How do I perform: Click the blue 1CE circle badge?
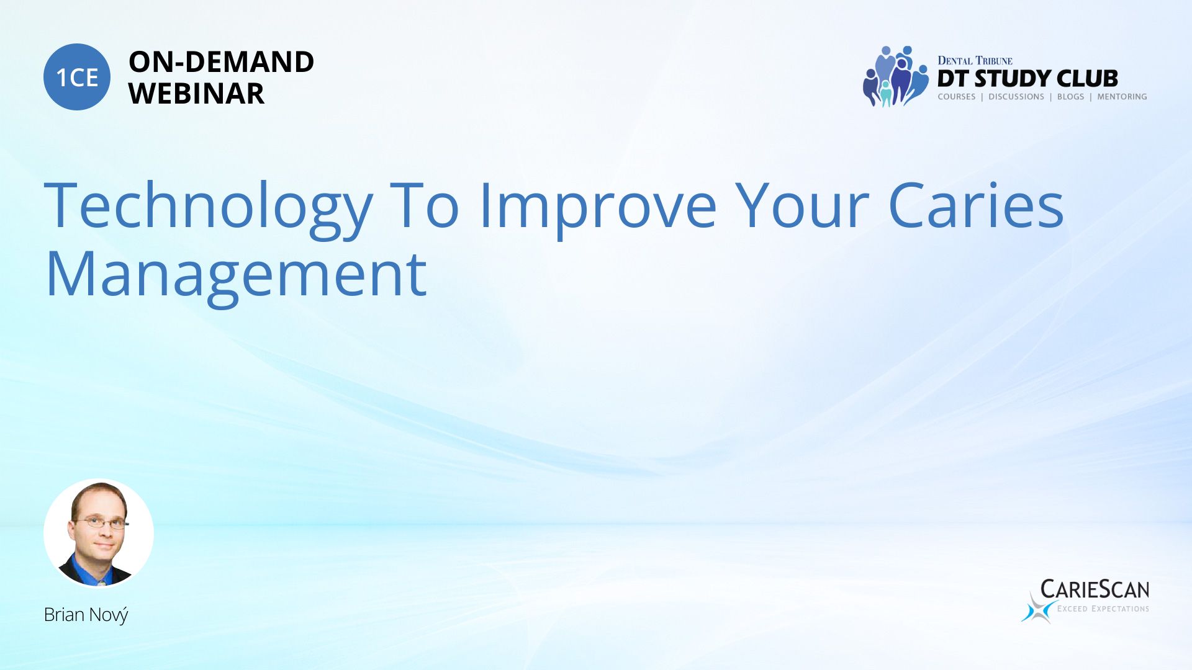[77, 77]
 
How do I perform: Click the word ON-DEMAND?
[221, 62]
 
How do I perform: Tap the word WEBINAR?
[196, 94]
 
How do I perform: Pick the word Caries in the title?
[976, 205]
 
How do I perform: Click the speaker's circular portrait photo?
[99, 533]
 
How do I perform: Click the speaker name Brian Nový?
[86, 615]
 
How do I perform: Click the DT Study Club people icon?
[895, 76]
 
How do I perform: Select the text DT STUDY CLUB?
[1027, 78]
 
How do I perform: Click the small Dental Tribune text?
[975, 60]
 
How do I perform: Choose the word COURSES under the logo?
[956, 97]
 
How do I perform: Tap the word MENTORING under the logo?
[1122, 97]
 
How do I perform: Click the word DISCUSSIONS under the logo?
[1016, 97]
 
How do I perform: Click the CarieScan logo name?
[1095, 589]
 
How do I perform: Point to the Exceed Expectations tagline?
[1103, 609]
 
